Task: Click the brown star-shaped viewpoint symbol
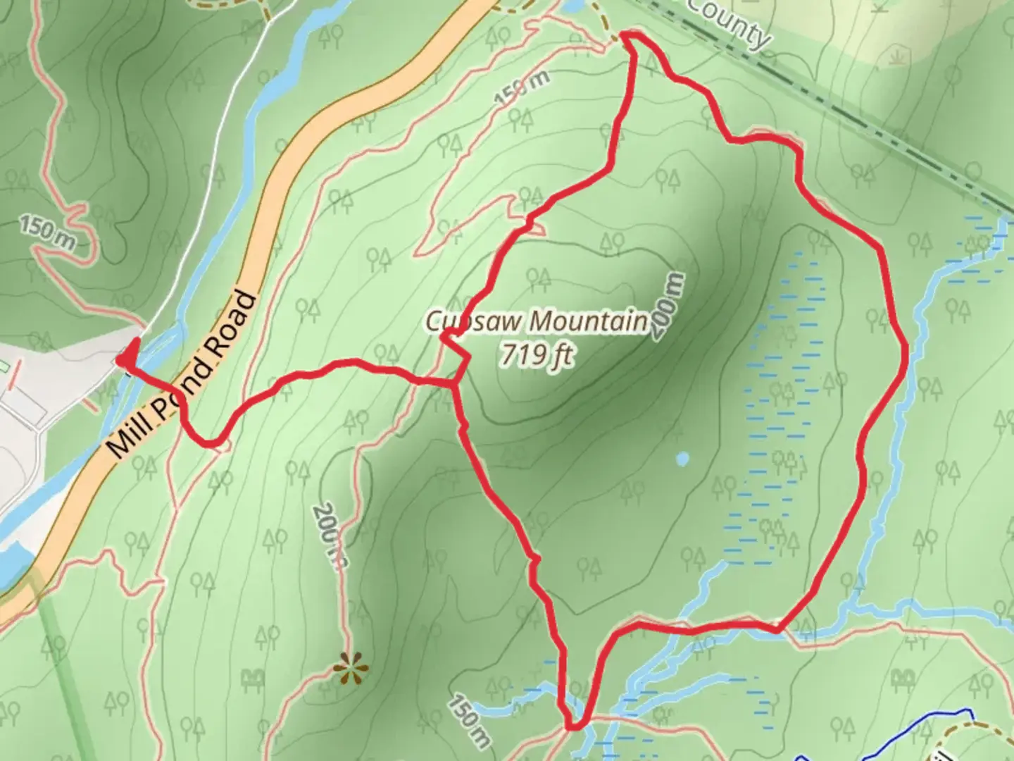point(351,667)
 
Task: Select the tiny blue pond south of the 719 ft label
point(681,459)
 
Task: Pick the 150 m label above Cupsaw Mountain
point(521,89)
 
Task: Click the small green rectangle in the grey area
point(5,366)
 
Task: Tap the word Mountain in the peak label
point(588,321)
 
